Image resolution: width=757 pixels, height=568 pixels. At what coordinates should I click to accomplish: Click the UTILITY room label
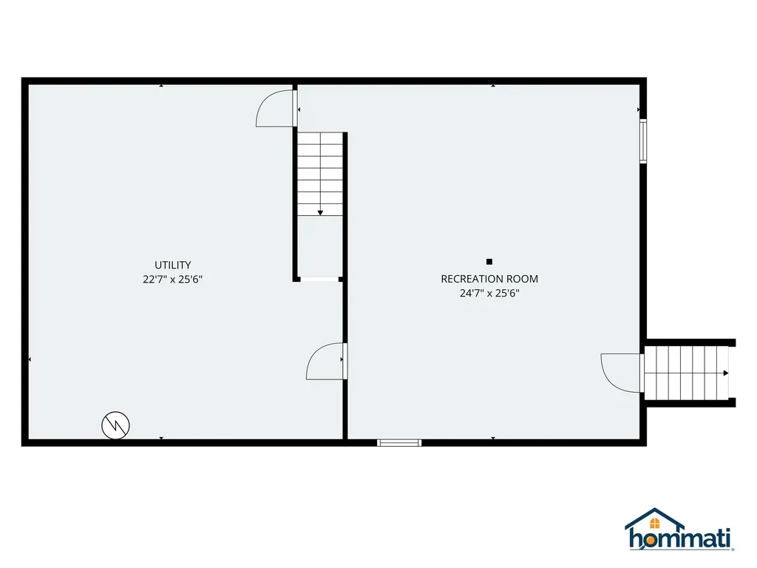point(172,265)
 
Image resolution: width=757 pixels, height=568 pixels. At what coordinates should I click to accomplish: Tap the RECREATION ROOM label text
point(489,279)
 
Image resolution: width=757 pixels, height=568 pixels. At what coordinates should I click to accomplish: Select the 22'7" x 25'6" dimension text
point(172,279)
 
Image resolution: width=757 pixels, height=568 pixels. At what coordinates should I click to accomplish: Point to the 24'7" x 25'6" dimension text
point(489,293)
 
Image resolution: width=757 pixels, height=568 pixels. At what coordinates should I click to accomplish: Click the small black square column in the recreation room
point(489,262)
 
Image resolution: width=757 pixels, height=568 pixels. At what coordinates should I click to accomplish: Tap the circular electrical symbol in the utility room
point(115,425)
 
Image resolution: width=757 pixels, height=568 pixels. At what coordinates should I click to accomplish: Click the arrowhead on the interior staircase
point(320,213)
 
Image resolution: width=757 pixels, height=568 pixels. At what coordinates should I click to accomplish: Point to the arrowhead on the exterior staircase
point(726,373)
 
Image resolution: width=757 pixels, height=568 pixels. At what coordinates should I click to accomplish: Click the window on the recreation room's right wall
point(643,141)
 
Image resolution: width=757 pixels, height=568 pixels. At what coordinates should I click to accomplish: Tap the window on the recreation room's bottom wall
point(399,443)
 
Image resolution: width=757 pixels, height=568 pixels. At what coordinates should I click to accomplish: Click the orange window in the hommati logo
point(655,524)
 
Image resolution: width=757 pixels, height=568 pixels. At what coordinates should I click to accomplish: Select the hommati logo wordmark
point(680,538)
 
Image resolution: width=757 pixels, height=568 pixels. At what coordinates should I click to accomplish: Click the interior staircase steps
point(320,175)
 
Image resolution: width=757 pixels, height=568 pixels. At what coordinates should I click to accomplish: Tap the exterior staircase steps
point(686,373)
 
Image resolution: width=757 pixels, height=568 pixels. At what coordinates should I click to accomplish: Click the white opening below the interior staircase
point(319,279)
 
